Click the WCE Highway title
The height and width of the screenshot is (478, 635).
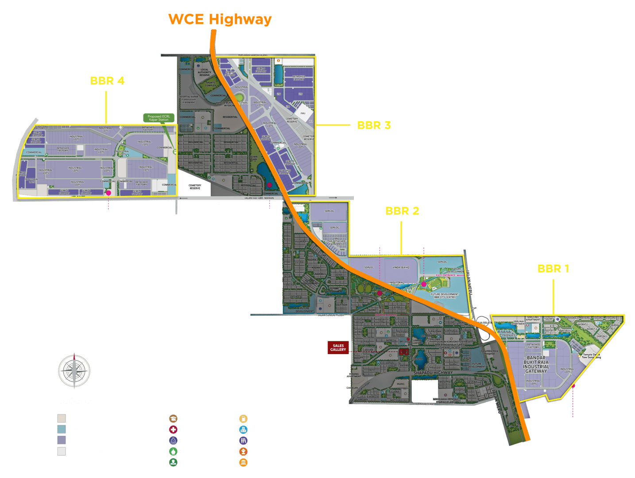click(x=220, y=19)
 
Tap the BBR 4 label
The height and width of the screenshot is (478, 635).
click(x=107, y=81)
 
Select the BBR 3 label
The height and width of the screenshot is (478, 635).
click(x=374, y=126)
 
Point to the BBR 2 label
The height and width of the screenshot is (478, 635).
click(x=402, y=211)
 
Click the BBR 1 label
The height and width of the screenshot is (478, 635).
click(x=553, y=269)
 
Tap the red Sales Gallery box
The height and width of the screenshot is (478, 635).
click(x=338, y=347)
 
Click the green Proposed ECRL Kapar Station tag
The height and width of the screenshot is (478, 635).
click(x=159, y=118)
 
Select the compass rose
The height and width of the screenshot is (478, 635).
click(x=74, y=370)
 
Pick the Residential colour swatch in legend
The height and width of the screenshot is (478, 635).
click(x=62, y=418)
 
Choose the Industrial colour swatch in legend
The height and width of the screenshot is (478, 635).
click(x=62, y=440)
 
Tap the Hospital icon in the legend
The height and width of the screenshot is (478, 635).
click(x=173, y=429)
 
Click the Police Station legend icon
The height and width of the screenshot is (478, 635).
click(x=173, y=440)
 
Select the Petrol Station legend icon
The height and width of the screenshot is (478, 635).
click(x=243, y=418)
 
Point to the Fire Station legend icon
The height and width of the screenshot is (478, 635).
click(x=243, y=451)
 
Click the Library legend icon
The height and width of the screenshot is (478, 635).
click(x=243, y=440)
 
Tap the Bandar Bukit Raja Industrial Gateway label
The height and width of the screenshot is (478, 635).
click(x=536, y=364)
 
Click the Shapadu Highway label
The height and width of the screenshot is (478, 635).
click(x=433, y=373)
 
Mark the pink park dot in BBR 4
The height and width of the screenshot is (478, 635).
click(x=108, y=193)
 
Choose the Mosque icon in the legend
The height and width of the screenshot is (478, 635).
click(x=173, y=451)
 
